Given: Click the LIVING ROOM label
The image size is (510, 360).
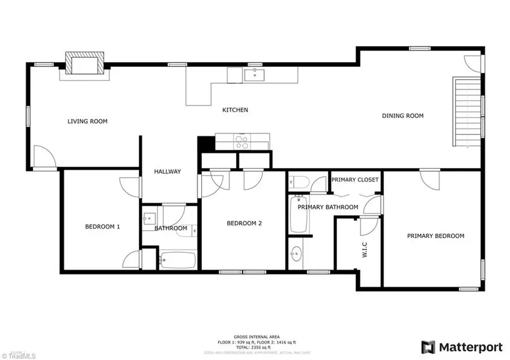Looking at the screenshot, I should (87, 121).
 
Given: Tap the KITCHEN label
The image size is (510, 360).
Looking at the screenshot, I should (235, 110).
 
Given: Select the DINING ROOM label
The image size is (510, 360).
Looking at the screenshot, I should (402, 116).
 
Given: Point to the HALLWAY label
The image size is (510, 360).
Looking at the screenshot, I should (167, 172).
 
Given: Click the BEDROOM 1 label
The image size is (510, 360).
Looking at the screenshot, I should (102, 227).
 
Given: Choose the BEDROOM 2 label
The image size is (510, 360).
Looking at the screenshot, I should (244, 223).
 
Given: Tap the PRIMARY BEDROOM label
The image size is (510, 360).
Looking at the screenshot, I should (435, 236).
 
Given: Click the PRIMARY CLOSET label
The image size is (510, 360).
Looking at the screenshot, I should (355, 180).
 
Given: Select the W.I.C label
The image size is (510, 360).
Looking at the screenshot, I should (365, 250).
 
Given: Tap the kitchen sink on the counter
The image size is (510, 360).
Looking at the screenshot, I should (256, 74).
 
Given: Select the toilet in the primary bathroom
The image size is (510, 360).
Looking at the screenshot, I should (299, 182).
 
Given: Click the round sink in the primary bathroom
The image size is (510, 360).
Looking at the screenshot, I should (296, 252).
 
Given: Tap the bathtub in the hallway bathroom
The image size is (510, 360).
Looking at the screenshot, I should (177, 260).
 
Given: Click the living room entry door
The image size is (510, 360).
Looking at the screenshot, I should (44, 157).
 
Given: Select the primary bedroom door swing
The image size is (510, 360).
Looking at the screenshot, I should (429, 180).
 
